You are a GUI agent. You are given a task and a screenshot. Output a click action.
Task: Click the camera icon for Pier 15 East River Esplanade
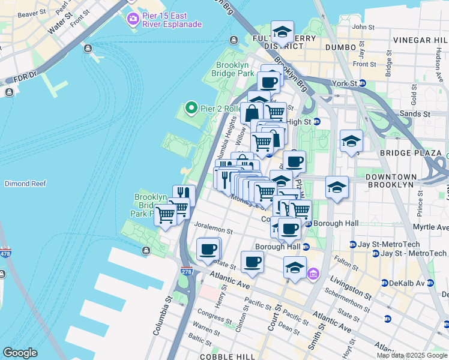pos(132,20)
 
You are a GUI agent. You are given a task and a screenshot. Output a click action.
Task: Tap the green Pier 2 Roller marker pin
pos(191,108)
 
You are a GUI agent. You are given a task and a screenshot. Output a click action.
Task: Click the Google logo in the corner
pos(20,352)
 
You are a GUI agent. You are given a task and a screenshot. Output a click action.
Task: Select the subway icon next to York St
pos(363,83)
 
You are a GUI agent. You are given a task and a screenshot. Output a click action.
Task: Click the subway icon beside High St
pos(317,122)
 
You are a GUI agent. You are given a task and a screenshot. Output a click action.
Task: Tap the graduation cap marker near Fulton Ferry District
pos(282,31)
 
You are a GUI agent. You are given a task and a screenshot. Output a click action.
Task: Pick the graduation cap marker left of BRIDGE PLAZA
pos(351,141)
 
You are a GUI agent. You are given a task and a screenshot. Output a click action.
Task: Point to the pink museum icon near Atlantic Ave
pos(312,275)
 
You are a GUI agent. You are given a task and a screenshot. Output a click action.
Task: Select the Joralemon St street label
pos(213,230)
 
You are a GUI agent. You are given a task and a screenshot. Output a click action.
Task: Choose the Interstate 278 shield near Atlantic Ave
pos(187,271)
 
